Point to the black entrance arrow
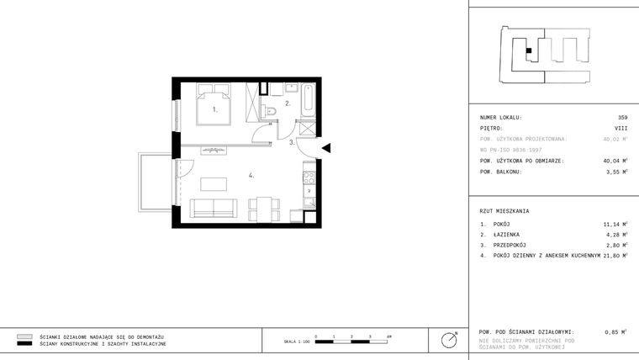click(327, 148)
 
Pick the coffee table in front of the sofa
click(215, 183)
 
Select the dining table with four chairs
click(264, 208)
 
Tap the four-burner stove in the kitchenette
click(309, 177)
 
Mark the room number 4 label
click(251, 175)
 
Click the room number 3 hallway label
click(292, 143)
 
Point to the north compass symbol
click(450, 339)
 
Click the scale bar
click(351, 339)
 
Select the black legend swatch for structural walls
click(24, 344)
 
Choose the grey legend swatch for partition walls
click(24, 336)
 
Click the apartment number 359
click(622, 118)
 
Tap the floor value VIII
click(621, 129)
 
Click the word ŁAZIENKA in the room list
click(505, 235)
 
